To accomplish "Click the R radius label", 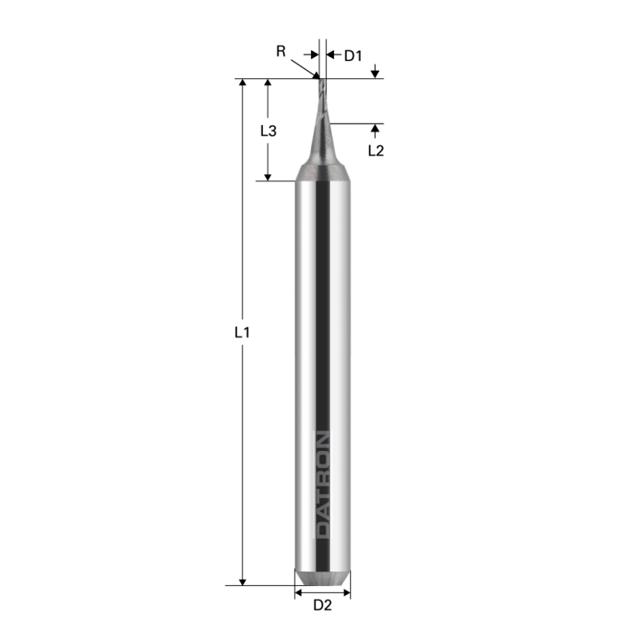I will click(x=281, y=52).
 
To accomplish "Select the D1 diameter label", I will click(x=352, y=56).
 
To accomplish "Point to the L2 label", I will click(x=376, y=151).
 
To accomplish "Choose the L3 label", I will click(x=268, y=131).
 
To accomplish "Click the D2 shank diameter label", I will click(x=323, y=606).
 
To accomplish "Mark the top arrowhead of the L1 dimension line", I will click(x=242, y=84).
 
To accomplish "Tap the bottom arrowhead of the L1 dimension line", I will click(x=242, y=580).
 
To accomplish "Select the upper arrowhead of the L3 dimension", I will click(x=268, y=84).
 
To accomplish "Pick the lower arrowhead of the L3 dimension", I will click(x=268, y=175).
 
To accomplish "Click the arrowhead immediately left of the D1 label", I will click(x=331, y=56).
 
